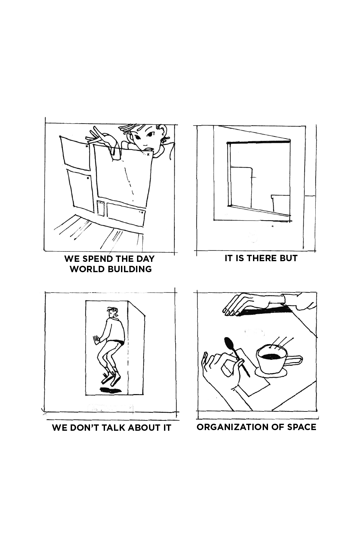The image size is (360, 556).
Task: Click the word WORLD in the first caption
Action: (83, 269)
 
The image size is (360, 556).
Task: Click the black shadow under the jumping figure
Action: (111, 390)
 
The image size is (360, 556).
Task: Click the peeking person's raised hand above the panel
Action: (99, 137)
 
